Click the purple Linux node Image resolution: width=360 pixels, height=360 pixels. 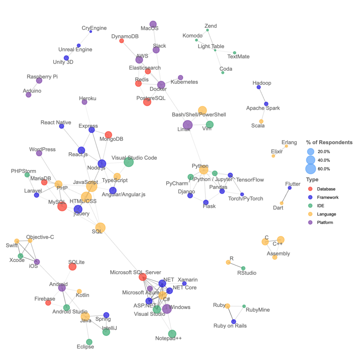click(188, 125)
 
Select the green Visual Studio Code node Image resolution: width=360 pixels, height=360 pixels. click(129, 162)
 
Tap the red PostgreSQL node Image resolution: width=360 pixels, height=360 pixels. click(147, 102)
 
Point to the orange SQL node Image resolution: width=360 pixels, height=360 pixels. click(100, 227)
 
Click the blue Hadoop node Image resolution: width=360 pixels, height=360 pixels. click(258, 87)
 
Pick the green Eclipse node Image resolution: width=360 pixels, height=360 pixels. click(89, 342)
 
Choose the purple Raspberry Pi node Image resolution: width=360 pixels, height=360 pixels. click(39, 81)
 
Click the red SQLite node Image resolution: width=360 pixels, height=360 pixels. click(72, 267)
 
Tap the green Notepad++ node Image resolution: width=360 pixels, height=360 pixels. click(172, 334)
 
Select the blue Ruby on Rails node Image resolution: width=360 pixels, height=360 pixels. click(233, 321)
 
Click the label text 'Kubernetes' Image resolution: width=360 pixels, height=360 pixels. click(184, 82)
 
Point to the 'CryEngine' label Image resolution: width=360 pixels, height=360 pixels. click(94, 28)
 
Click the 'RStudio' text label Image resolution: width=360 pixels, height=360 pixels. click(247, 273)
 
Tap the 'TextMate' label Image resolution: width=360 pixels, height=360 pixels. click(238, 56)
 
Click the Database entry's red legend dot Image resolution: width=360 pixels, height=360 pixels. click(310, 189)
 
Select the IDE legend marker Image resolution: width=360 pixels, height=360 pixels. click(310, 206)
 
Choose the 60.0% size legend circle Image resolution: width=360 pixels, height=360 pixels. click(310, 169)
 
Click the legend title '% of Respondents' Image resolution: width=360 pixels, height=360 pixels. click(329, 142)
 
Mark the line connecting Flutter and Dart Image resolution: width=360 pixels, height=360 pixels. click(285, 195)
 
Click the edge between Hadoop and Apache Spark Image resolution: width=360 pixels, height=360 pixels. click(262, 96)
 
